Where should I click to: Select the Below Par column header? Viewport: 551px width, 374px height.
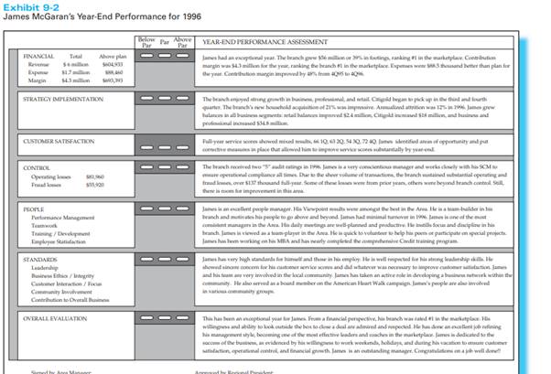(x=145, y=42)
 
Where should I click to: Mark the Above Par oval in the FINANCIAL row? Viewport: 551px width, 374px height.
(x=183, y=57)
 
